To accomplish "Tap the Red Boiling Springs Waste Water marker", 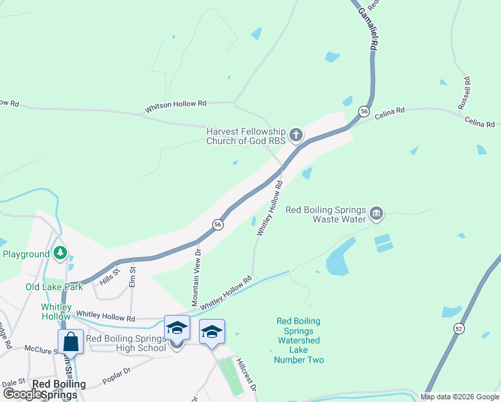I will [376, 214].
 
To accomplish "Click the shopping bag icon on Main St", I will [70, 342].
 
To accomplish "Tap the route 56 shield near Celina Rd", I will [364, 111].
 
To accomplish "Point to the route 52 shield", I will [458, 328].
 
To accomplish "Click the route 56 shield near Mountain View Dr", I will [218, 224].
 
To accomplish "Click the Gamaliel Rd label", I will [366, 27].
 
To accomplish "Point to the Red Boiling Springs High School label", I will [126, 343].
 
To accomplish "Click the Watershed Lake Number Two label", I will [299, 340].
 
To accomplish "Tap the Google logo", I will [22, 394].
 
